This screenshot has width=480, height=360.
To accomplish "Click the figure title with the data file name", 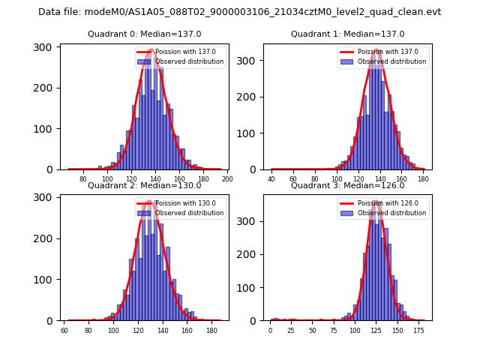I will (240, 12).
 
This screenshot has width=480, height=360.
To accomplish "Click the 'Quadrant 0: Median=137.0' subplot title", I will (144, 34).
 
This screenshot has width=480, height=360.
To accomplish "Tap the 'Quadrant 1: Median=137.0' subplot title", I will (347, 34).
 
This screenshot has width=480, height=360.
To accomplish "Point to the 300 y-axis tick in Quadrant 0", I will (45, 47).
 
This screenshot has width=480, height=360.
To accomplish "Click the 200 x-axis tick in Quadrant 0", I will (227, 178).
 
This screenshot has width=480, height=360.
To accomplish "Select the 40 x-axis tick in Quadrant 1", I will (271, 178).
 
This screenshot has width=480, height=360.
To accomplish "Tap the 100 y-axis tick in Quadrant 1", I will (247, 133).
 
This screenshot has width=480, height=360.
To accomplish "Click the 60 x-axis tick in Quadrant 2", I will (64, 330).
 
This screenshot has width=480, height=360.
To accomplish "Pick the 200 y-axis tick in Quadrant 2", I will (45, 238).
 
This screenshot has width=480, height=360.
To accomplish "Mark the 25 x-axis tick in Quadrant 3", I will (292, 330).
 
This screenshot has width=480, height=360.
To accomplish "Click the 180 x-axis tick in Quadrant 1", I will (423, 178).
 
